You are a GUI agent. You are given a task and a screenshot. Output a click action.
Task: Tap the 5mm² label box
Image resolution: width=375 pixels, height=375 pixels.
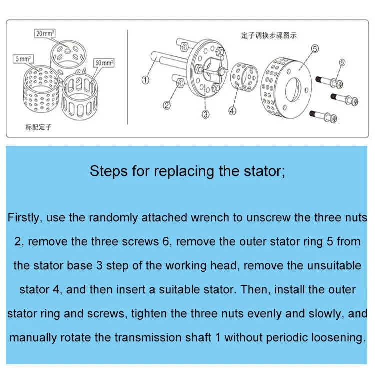23,59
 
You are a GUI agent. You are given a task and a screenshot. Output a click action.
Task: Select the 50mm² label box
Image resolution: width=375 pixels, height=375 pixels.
103,63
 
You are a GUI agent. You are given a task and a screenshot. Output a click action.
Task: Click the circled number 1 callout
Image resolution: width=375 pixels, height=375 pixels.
145,80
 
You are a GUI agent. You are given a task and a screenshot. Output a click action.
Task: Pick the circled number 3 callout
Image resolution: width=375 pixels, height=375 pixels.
205,114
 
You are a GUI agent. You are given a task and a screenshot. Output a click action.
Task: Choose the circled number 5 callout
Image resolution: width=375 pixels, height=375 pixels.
315,48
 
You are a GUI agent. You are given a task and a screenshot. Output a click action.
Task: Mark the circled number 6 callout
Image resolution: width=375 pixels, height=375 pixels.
342,62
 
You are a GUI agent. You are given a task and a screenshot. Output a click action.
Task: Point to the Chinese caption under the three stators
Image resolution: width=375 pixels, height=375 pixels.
38,127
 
